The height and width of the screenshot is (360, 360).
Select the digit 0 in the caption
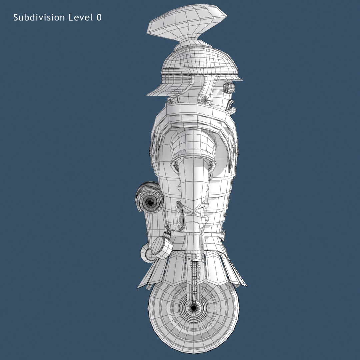point(99,18)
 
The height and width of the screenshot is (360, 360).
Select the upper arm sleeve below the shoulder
point(192,143)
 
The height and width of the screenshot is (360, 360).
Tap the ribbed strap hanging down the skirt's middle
point(195,270)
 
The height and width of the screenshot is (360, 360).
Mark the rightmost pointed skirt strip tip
point(245,285)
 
